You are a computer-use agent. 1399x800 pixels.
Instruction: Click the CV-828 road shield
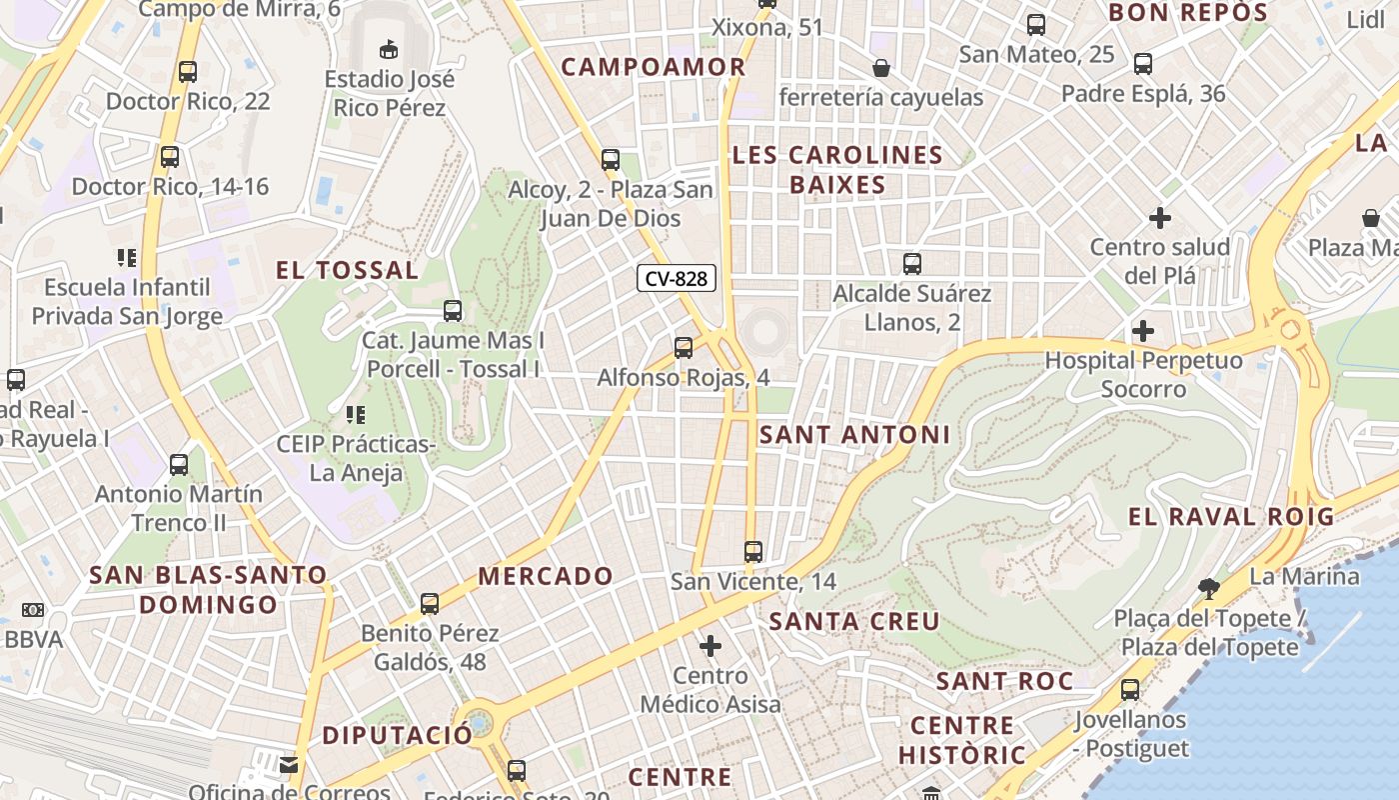(x=677, y=279)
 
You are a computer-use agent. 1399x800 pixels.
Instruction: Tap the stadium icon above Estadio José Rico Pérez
(x=389, y=48)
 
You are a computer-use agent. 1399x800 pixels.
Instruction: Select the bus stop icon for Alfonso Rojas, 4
(x=684, y=348)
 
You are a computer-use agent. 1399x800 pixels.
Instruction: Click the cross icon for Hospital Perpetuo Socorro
(x=1143, y=331)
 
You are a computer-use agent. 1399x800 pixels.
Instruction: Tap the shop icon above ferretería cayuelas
(x=881, y=68)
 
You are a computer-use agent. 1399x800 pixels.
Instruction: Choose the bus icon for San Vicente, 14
(x=753, y=552)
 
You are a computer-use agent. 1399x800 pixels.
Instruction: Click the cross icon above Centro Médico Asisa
(x=710, y=646)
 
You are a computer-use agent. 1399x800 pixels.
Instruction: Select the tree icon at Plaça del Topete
(x=1208, y=589)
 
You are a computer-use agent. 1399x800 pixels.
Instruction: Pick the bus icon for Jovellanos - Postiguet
(x=1130, y=690)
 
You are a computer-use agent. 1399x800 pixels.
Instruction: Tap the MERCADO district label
(x=545, y=576)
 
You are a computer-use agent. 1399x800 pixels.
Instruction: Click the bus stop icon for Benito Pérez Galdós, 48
(x=430, y=604)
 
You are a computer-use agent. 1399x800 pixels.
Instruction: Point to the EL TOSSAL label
(x=347, y=270)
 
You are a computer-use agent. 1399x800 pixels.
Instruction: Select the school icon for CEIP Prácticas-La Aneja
(x=355, y=414)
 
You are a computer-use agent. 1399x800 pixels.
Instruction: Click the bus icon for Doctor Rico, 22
(x=188, y=72)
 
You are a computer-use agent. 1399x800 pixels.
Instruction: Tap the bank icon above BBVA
(x=33, y=610)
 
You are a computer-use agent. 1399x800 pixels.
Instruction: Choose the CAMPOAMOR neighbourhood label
(x=653, y=67)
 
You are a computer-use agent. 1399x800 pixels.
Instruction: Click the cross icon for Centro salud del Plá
(x=1160, y=217)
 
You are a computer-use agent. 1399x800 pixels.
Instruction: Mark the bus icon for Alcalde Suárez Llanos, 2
(x=912, y=264)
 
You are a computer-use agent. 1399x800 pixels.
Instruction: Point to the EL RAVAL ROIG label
(x=1231, y=517)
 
